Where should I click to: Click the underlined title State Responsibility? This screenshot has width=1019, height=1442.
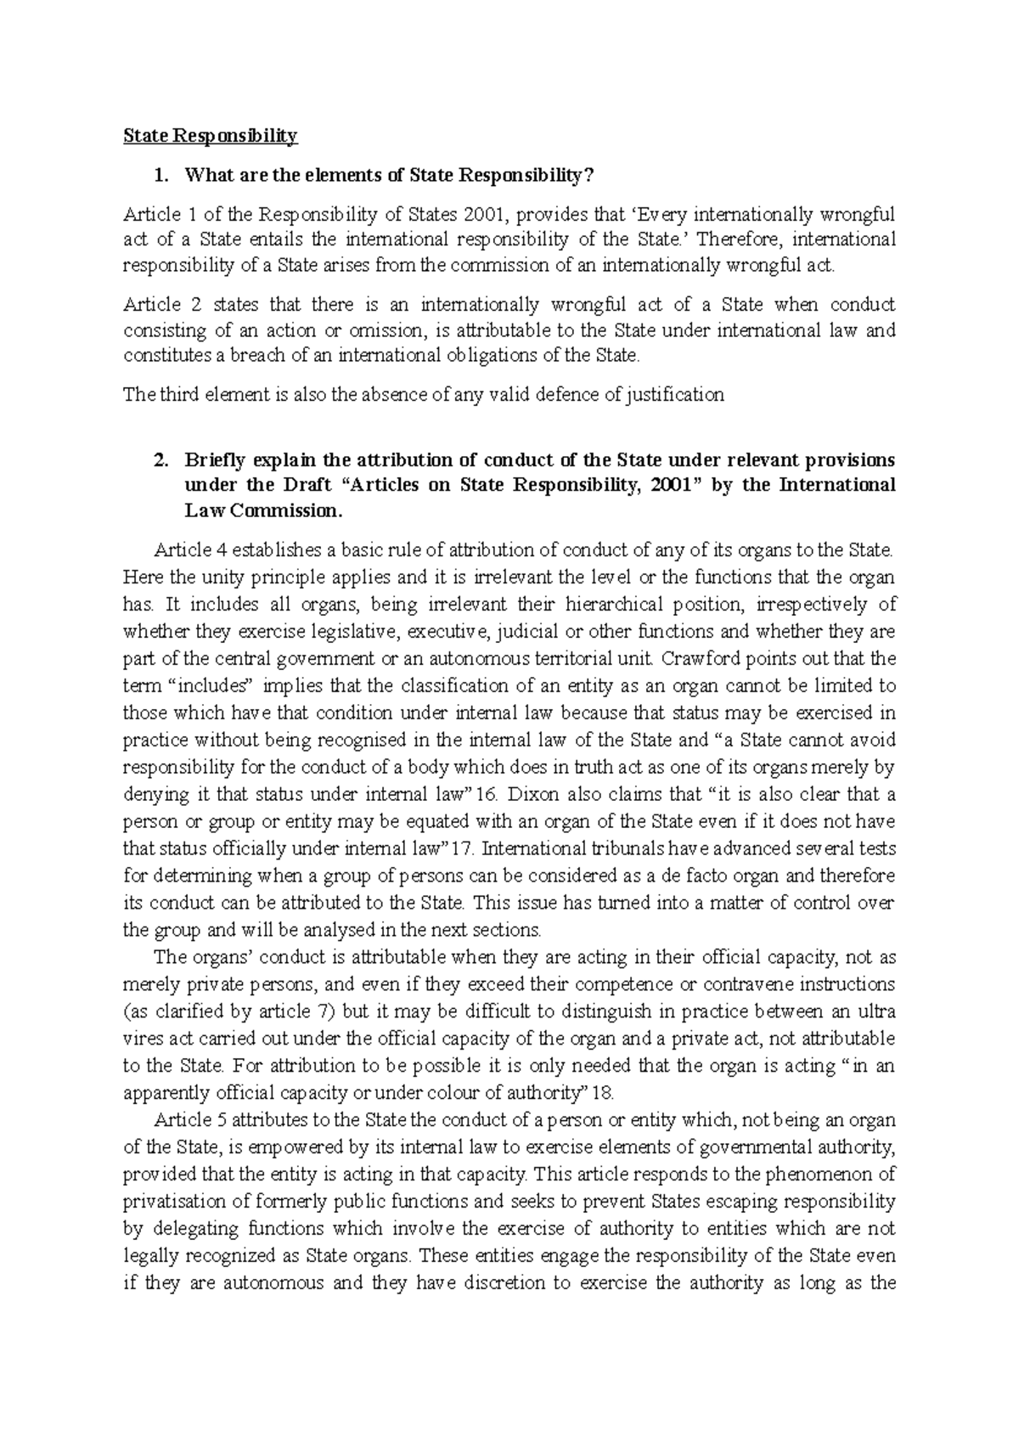[211, 135]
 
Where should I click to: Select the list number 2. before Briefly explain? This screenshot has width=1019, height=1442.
[159, 460]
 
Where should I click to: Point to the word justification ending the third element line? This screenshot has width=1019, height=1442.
[674, 395]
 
